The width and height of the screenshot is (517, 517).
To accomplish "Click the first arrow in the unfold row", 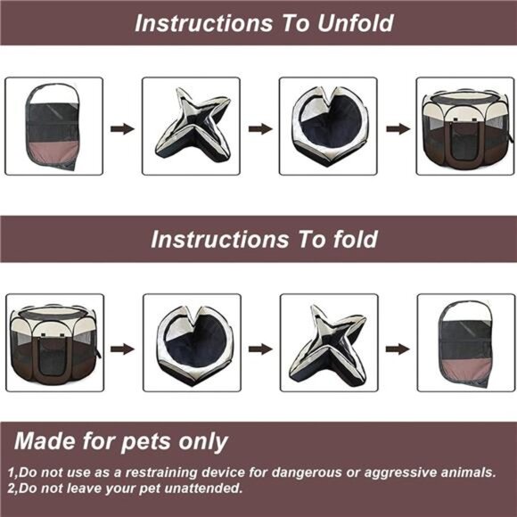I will coord(122,128).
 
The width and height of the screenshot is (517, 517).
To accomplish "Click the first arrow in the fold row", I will coord(122,348).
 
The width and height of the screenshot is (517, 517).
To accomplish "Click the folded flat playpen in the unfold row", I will coord(53,127).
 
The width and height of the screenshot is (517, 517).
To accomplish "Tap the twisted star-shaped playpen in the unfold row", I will coord(191,127).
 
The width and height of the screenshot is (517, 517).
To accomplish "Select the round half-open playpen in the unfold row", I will coord(328,127).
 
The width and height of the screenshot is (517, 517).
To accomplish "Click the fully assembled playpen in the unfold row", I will coord(465,127).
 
